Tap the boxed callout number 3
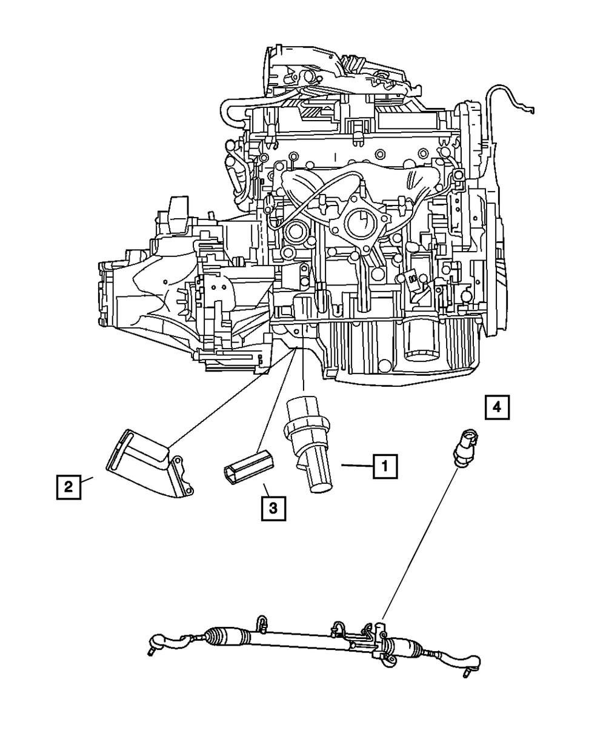click(x=273, y=508)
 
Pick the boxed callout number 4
click(x=496, y=407)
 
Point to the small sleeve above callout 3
click(x=249, y=466)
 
